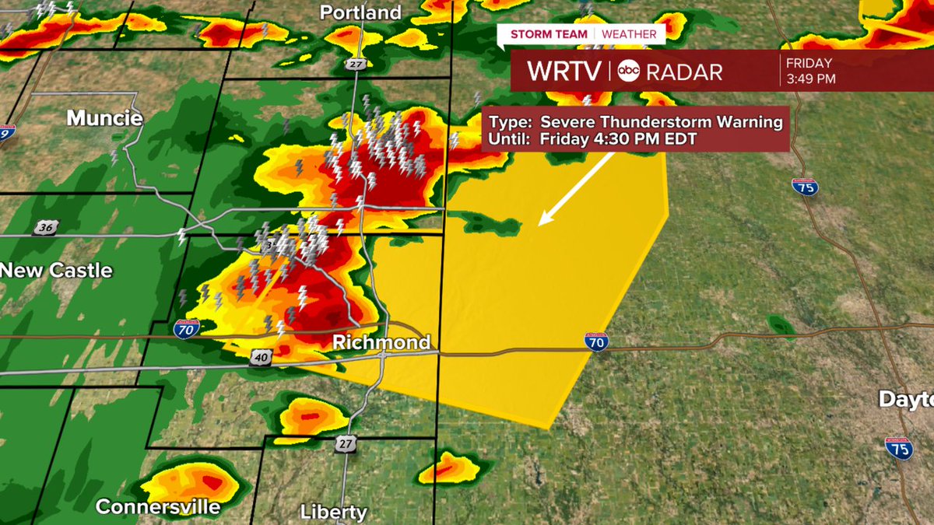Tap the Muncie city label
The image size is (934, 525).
[104, 118]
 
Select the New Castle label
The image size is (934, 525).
[57, 271]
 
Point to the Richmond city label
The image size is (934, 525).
[381, 342]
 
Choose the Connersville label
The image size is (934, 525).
[158, 507]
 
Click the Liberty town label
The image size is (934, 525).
[333, 512]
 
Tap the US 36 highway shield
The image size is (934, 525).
[44, 227]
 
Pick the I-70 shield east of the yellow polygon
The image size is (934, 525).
[596, 341]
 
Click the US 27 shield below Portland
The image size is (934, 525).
[356, 61]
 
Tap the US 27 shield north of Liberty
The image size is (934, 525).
[346, 444]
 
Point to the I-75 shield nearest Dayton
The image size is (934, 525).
[898, 448]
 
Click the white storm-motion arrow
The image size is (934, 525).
[578, 187]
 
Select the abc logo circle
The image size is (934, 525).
[628, 72]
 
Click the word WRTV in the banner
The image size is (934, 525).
[564, 72]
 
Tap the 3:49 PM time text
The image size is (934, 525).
[810, 79]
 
